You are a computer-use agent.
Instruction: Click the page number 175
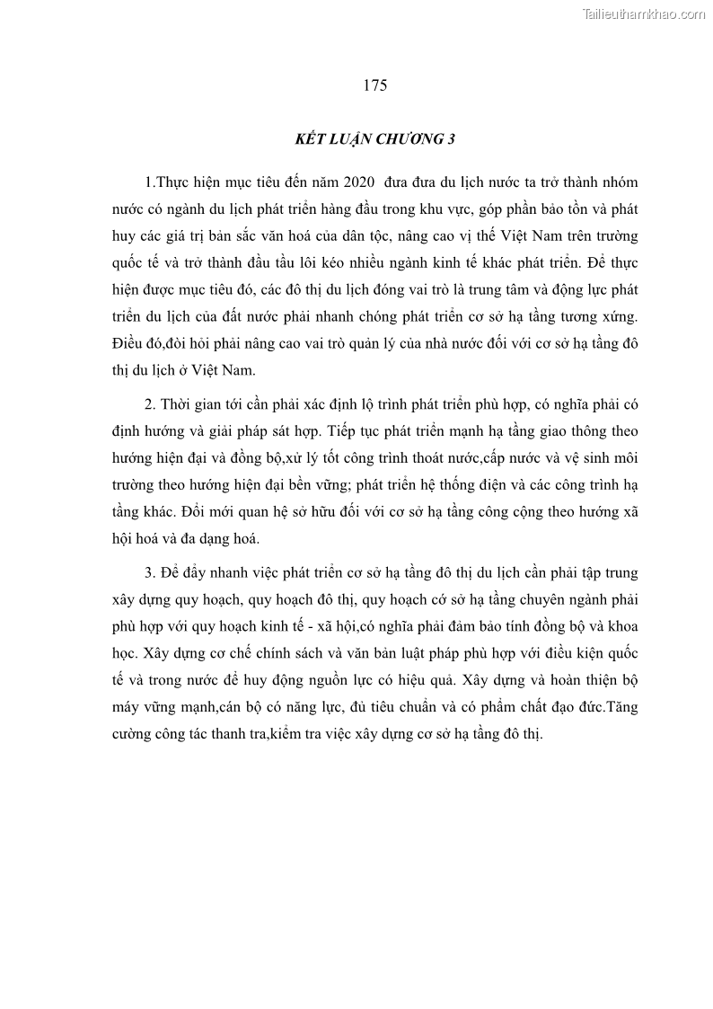point(375,86)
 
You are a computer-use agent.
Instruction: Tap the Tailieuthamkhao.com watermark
point(645,13)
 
